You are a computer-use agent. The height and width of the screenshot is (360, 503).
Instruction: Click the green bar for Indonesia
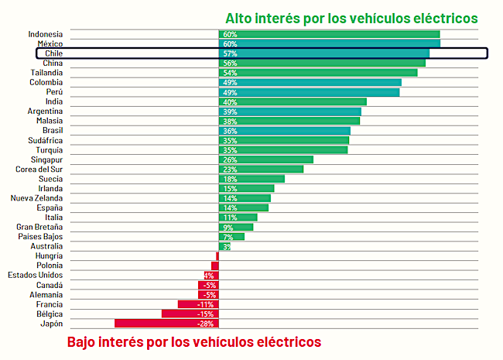click(329, 34)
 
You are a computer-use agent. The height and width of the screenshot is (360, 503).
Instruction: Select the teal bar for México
click(329, 44)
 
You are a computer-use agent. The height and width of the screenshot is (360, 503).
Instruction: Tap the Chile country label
click(54, 53)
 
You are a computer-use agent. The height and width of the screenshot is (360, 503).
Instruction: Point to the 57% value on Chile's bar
click(230, 53)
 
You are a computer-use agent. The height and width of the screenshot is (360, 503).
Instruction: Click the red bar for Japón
click(166, 324)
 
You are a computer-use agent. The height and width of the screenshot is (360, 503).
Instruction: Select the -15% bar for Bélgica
click(190, 314)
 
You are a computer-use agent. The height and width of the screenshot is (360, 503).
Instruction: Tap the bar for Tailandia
click(318, 73)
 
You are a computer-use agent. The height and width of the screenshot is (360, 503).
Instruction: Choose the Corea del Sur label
click(39, 169)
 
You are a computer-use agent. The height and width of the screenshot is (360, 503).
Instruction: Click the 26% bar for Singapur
click(266, 159)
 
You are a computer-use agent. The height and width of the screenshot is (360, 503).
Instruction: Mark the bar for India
click(293, 101)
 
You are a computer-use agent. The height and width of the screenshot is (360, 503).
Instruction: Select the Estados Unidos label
click(36, 275)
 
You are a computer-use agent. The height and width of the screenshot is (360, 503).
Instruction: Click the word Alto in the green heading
click(238, 18)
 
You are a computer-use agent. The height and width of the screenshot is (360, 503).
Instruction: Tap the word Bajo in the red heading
click(83, 341)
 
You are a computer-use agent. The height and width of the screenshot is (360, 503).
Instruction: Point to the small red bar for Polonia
click(215, 266)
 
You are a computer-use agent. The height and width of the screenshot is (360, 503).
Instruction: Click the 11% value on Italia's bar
click(230, 218)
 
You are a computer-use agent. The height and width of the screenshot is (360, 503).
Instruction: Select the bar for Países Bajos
click(231, 237)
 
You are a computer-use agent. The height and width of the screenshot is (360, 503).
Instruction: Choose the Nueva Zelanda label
click(37, 198)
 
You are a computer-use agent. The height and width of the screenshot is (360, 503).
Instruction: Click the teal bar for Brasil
click(284, 131)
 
